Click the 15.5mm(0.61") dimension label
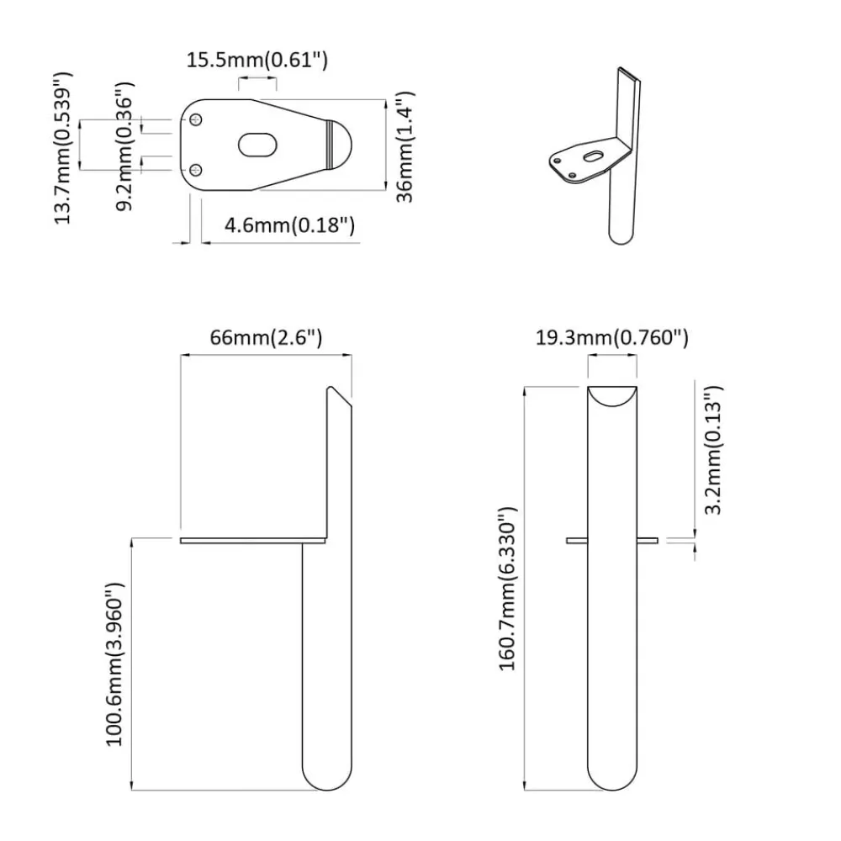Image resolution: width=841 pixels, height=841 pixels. tap(257, 60)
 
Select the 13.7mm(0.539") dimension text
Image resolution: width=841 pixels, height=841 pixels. tap(63, 147)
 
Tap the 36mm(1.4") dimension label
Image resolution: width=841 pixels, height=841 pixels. tap(405, 147)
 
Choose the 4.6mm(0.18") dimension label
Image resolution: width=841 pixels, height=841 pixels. tap(289, 225)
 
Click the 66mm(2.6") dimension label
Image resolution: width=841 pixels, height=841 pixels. tap(266, 338)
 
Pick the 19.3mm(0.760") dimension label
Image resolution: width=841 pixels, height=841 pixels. tap(612, 338)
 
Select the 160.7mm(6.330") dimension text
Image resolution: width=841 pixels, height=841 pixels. tap(507, 589)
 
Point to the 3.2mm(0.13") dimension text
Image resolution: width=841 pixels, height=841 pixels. tap(713, 449)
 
